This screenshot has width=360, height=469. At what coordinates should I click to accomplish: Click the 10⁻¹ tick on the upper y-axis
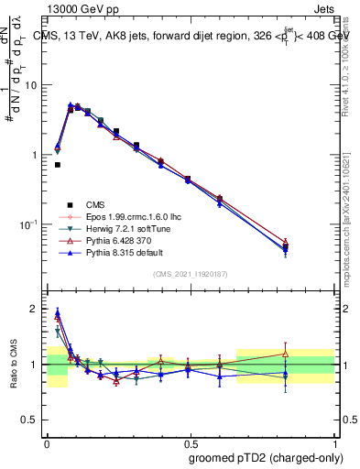click(29, 224)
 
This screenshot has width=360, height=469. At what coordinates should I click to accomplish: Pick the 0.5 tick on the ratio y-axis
click(33, 420)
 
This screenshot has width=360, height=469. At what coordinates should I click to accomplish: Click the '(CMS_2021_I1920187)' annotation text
click(190, 275)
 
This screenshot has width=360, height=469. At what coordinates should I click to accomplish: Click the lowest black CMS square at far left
click(58, 165)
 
